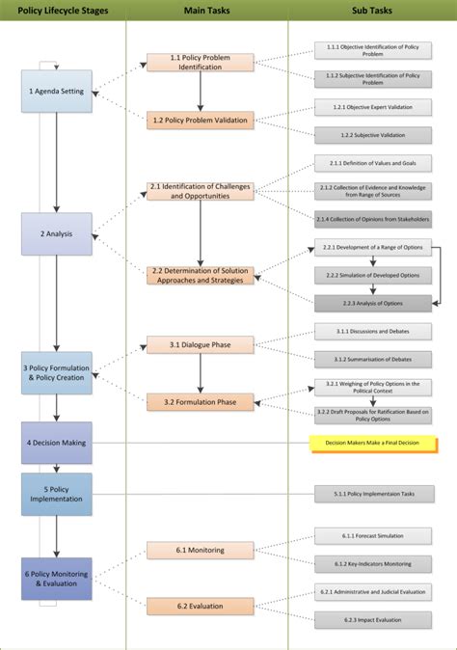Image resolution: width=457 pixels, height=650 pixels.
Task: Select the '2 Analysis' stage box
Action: point(57,233)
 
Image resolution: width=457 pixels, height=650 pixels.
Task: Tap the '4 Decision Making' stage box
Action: point(57,443)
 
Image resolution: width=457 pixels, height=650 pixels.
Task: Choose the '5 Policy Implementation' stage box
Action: point(57,494)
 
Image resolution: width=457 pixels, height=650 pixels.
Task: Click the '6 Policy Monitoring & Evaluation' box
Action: point(57,579)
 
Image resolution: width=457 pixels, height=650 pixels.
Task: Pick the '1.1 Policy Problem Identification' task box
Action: point(201,63)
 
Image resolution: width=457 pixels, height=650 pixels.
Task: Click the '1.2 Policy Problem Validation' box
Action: point(201,121)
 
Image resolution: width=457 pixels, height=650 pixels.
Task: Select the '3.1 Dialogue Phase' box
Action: point(201,344)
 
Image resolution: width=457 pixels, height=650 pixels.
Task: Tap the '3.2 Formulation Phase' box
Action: point(201,401)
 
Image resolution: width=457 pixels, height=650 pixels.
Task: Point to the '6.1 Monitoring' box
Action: point(201,551)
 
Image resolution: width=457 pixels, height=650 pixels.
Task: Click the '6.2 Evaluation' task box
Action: point(201,607)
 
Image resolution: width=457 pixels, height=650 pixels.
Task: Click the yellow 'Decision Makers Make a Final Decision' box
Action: point(371,443)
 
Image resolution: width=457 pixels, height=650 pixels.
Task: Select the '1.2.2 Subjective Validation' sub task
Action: point(372,135)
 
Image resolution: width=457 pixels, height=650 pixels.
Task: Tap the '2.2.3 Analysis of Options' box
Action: point(372,303)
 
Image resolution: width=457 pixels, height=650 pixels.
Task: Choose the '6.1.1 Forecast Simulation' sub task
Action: point(372,535)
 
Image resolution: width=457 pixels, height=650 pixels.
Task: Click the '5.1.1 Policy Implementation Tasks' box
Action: point(372,495)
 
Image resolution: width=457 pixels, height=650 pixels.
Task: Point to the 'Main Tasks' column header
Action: point(204,11)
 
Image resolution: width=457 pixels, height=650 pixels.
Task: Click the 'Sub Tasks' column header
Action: point(371,11)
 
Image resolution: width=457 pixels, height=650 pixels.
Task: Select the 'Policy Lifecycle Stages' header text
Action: point(64,11)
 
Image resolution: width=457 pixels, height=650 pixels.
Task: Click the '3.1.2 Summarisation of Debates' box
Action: point(372,359)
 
